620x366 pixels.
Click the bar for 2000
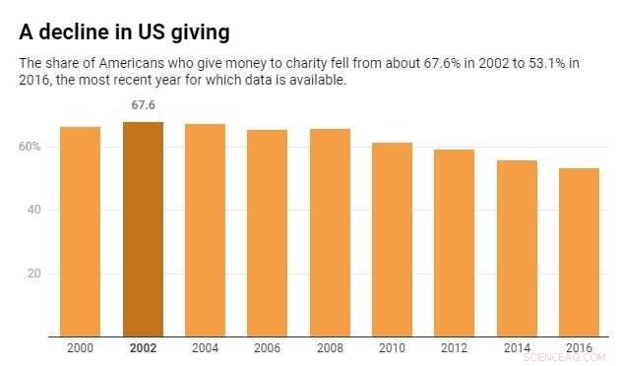tap(81, 231)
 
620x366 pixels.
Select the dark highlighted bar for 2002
tap(143, 228)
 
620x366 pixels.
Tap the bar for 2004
tap(205, 230)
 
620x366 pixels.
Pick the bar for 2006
tap(267, 233)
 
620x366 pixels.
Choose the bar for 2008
tap(330, 232)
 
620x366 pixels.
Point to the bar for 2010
tap(392, 239)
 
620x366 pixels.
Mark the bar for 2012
tap(454, 243)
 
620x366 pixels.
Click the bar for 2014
tap(516, 248)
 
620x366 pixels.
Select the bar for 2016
tap(579, 252)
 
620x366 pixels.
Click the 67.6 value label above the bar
tap(143, 104)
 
